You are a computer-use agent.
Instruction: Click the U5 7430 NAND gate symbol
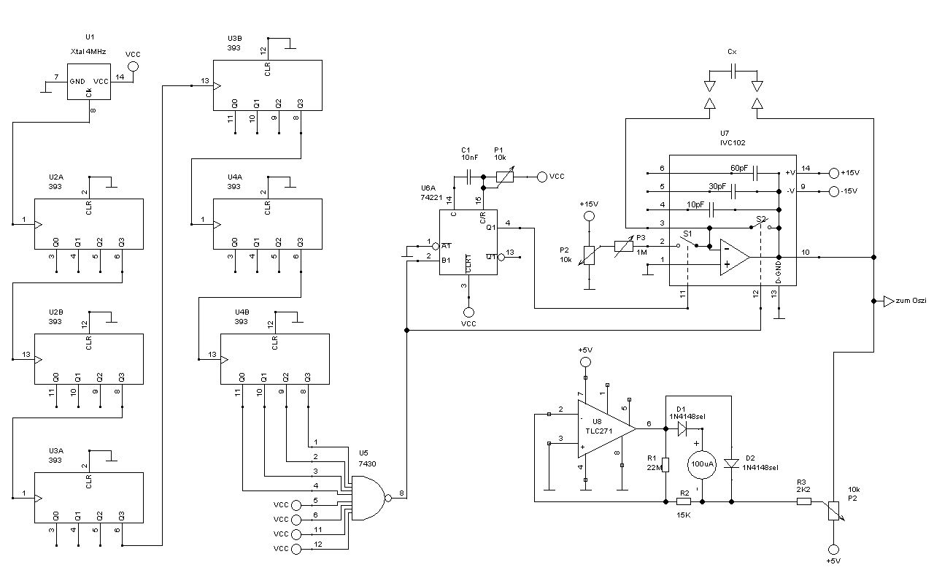[368, 498]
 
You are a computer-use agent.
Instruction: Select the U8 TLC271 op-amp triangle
[606, 430]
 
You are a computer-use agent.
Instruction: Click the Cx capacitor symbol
[733, 71]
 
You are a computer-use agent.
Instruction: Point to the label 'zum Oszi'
[912, 301]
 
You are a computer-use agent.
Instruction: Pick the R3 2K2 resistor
[803, 501]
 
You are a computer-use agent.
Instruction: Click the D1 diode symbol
[682, 428]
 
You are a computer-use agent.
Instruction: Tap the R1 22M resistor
[665, 464]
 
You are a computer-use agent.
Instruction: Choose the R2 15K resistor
[684, 501]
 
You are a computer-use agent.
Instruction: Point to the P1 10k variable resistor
[503, 176]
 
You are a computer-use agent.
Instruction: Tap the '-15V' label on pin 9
[849, 191]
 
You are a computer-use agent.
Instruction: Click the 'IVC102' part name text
[733, 143]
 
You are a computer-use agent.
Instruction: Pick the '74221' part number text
[431, 198]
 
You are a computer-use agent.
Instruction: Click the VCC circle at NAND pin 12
[295, 548]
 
